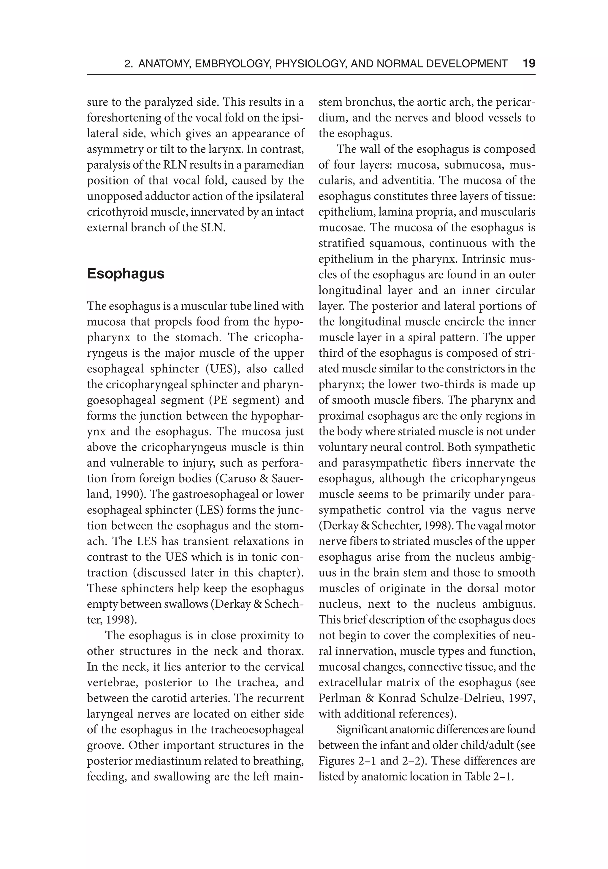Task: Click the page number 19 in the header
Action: click(x=528, y=64)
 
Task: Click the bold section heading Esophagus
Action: click(x=126, y=274)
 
